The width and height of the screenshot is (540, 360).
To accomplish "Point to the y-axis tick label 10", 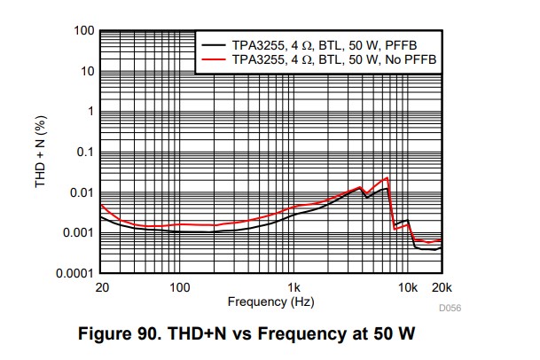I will [86, 71].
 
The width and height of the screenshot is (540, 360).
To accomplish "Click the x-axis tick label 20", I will [100, 287].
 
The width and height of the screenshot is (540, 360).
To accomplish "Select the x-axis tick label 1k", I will [294, 287].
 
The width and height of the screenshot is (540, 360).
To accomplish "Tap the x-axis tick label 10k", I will [407, 287].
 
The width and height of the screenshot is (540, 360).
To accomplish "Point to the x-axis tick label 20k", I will [442, 287].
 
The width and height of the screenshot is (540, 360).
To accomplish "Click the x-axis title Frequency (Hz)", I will [270, 301].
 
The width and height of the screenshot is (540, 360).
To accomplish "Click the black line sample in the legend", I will [214, 43].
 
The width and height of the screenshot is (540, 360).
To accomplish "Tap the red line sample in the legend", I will [214, 59].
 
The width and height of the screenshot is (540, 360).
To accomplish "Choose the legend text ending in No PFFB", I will [333, 59].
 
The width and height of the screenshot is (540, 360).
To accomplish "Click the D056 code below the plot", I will [449, 309].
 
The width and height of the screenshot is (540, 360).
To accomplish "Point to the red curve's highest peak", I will [387, 178].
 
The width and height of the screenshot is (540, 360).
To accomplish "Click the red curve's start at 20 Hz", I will [100, 205].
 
